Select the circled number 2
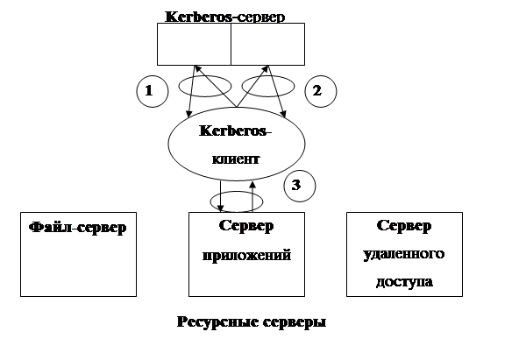pyautogui.click(x=317, y=90)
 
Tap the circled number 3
pyautogui.click(x=298, y=185)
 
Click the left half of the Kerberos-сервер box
pyautogui.click(x=194, y=44)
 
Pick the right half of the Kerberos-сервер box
pyautogui.click(x=267, y=44)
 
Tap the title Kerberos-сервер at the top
pyautogui.click(x=224, y=16)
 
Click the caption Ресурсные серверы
pyautogui.click(x=252, y=322)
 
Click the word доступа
pyautogui.click(x=404, y=283)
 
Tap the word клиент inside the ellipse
pyautogui.click(x=236, y=161)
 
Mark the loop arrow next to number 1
pyautogui.click(x=205, y=87)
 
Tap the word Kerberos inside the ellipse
pyautogui.click(x=236, y=131)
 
